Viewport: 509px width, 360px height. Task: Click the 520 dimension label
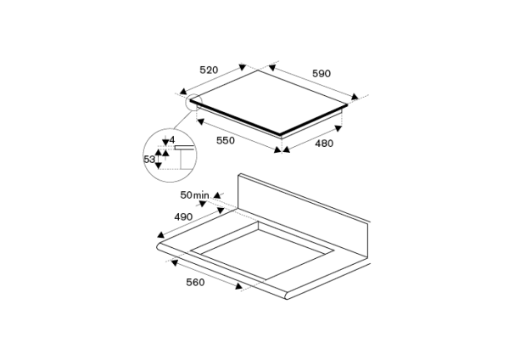pos(209,70)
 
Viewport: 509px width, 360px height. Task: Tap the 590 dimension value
pos(322,74)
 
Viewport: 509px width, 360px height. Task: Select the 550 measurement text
pos(225,140)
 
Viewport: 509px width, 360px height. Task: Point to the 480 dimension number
pos(324,143)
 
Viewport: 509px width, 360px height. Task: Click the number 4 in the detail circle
pos(172,139)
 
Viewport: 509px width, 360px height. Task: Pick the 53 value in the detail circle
pos(149,159)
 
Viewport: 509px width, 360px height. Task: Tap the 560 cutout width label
pos(195,283)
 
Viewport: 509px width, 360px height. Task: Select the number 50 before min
pos(186,196)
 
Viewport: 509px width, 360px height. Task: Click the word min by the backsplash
pos(201,196)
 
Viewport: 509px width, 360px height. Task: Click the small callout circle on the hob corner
pos(193,102)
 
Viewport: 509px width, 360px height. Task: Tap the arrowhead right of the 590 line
pos(355,98)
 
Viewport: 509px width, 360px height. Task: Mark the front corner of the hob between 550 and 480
pos(280,133)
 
